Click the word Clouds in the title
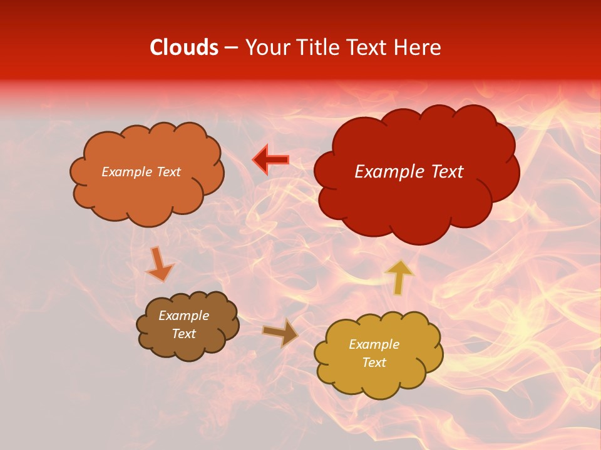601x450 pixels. click(x=184, y=47)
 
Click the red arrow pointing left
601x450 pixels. click(x=271, y=160)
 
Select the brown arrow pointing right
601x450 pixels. click(x=280, y=332)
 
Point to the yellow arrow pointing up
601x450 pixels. click(x=399, y=277)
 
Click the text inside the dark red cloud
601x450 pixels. click(x=409, y=172)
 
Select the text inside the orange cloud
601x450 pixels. click(x=141, y=172)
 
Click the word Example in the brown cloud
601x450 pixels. click(x=183, y=316)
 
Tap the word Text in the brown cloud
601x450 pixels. click(x=183, y=334)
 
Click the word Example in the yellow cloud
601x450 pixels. click(x=374, y=344)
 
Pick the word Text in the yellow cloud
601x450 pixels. click(x=374, y=362)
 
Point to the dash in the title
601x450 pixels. click(x=231, y=48)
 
